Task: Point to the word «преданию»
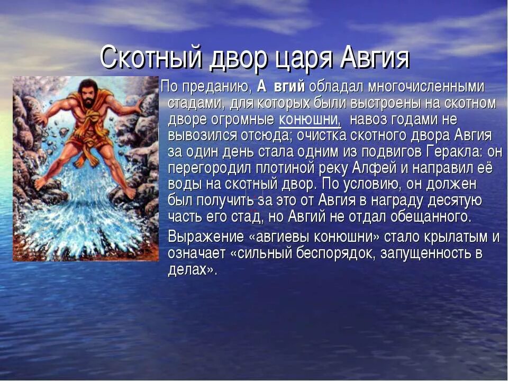[x=216, y=87]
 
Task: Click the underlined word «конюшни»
[x=310, y=119]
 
